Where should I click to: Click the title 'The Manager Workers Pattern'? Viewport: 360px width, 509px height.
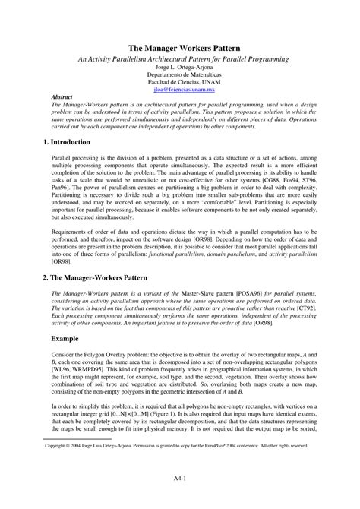point(180,47)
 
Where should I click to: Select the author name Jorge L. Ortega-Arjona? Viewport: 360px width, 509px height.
point(180,67)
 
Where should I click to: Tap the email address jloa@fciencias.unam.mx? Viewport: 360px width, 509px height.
point(180,87)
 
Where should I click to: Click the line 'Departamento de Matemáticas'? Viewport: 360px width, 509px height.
point(180,74)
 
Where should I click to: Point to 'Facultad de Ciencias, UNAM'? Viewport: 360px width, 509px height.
point(180,81)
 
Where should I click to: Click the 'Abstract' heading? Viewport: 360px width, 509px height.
point(62,97)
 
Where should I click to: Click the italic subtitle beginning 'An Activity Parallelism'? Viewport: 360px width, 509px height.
point(180,58)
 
